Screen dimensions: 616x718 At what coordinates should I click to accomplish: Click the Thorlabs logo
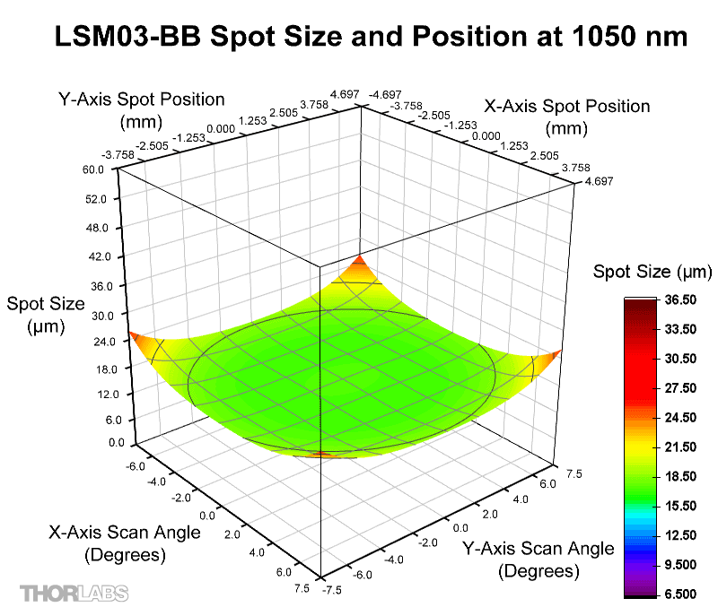pos(74,593)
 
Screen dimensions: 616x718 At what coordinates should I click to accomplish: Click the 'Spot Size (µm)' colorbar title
pos(652,272)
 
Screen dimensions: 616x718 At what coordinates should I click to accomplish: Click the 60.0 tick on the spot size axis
pos(93,169)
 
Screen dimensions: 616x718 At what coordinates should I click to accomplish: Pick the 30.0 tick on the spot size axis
pos(93,315)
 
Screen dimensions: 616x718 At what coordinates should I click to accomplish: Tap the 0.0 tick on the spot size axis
pos(96,442)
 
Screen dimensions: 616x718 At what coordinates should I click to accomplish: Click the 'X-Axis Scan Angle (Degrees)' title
pos(125,543)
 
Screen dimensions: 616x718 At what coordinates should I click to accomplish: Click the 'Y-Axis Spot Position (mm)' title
pos(141,108)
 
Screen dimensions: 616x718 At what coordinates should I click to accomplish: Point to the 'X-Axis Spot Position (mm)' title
pos(566,117)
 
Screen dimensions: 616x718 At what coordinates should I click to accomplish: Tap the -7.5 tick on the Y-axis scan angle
pos(334,589)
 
